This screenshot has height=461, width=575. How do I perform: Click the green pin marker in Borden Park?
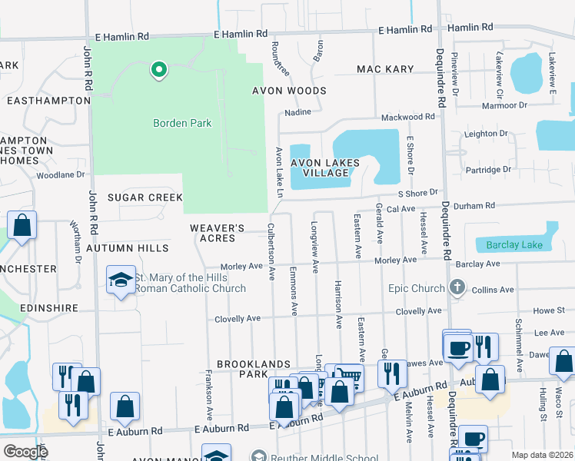coord(159,71)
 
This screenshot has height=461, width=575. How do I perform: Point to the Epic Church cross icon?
coord(457,288)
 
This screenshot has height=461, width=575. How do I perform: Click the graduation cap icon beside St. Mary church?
coord(121,282)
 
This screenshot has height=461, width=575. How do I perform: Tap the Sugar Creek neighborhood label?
coord(145,197)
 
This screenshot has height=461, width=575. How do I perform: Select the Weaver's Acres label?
coord(218,234)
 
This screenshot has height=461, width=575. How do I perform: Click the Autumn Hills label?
coord(127,249)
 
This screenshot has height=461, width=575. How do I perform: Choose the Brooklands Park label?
coord(242,369)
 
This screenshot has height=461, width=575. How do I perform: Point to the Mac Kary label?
coord(385,69)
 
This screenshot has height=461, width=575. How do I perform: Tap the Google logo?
coord(25,452)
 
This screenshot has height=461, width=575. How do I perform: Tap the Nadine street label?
coord(297,112)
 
